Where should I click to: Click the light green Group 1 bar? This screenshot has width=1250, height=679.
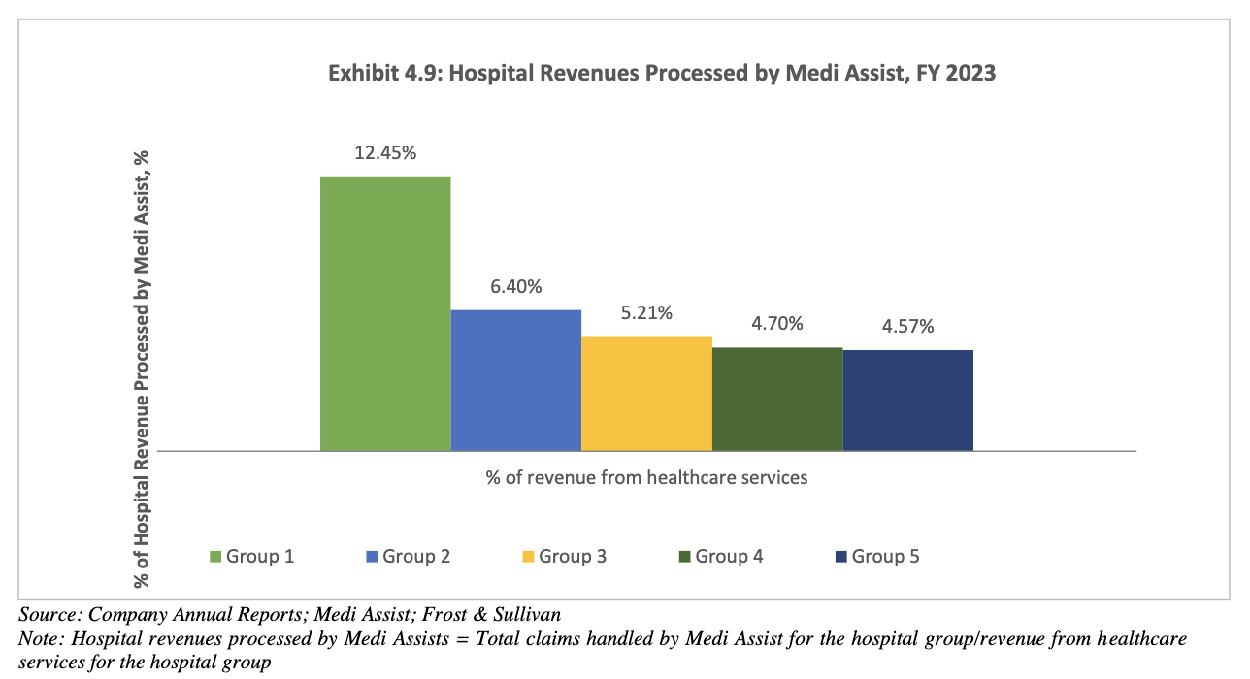(x=385, y=313)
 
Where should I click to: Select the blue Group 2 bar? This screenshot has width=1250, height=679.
(x=515, y=380)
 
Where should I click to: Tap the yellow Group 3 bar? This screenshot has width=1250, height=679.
(x=646, y=393)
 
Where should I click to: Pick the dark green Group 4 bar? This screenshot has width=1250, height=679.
(x=777, y=399)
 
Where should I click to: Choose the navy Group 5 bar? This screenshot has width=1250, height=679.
(x=907, y=400)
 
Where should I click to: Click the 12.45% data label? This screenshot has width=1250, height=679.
(x=385, y=152)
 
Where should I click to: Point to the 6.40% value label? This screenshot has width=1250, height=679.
(x=515, y=286)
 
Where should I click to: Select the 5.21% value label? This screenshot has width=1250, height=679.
(x=646, y=312)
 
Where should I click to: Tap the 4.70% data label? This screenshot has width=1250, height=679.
(x=777, y=323)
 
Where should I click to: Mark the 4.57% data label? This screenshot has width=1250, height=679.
(x=907, y=326)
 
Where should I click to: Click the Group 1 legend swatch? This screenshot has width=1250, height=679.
(x=215, y=557)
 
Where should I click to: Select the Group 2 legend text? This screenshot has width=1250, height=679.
(x=416, y=557)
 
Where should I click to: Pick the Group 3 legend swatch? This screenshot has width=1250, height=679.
(x=528, y=557)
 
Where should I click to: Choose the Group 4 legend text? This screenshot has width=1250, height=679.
(x=730, y=557)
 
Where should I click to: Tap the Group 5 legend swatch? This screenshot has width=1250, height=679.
(x=841, y=557)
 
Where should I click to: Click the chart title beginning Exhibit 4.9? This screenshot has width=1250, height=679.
(x=662, y=73)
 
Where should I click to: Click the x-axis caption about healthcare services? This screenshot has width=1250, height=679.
(x=646, y=477)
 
